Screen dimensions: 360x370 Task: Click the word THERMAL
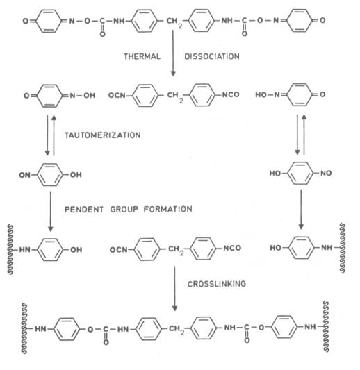point(142,56)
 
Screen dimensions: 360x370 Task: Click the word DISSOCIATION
point(212,56)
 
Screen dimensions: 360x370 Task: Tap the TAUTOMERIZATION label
point(103,135)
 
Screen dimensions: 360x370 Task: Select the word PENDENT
point(84,210)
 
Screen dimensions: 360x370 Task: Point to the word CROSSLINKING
point(217,284)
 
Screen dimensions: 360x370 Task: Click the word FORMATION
point(168,209)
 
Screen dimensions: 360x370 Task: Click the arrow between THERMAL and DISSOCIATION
point(173,53)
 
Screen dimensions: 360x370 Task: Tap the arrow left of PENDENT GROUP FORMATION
point(51,212)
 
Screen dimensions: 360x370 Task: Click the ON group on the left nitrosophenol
point(25,175)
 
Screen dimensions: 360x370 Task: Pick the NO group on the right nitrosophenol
point(326,173)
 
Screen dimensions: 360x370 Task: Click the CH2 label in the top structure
point(174,22)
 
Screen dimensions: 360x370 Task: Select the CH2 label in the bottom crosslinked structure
point(177,330)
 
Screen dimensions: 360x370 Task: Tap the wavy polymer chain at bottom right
point(326,326)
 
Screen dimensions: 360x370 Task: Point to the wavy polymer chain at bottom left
point(24,328)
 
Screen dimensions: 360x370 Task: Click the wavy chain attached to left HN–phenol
point(10,250)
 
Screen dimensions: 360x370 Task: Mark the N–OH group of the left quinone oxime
point(83,96)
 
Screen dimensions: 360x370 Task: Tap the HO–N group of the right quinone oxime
point(268,95)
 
